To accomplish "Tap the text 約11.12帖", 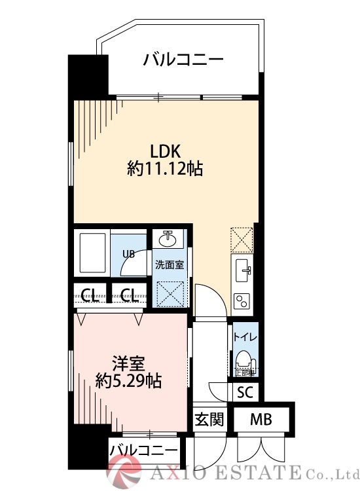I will [x=165, y=170].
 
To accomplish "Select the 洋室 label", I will [x=128, y=362].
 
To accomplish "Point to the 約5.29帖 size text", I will [x=129, y=380].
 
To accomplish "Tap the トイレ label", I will [x=245, y=336].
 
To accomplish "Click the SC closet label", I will [x=245, y=393].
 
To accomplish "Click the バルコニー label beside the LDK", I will [x=184, y=61].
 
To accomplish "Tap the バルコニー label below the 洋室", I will [x=143, y=450].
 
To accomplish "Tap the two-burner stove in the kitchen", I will [x=242, y=300].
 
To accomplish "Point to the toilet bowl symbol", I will [x=243, y=361].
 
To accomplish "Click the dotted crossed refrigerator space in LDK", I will [x=242, y=239].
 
